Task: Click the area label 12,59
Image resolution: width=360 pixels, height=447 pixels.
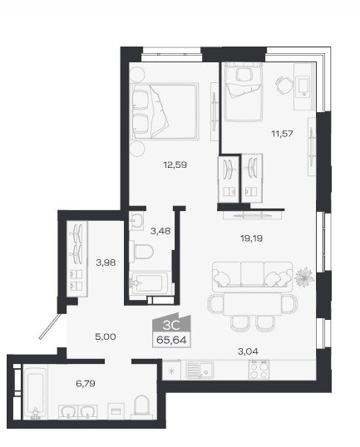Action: [175, 165]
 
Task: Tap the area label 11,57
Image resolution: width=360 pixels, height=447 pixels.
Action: [282, 133]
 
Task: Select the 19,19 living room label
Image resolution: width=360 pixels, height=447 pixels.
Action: [251, 238]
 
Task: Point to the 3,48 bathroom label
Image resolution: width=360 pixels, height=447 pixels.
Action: [160, 231]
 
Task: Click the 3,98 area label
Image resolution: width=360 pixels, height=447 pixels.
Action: [106, 263]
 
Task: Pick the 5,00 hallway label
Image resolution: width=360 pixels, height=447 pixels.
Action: [106, 336]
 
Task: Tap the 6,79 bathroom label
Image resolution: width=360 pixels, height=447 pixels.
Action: [86, 383]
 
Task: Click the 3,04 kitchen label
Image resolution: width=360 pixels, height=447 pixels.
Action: [249, 351]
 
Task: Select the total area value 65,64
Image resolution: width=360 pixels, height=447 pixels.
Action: [171, 340]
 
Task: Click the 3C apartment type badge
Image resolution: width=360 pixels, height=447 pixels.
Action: [171, 324]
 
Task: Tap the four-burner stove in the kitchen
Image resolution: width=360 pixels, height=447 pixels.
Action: [259, 370]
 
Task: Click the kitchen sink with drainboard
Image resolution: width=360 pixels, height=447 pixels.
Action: [200, 370]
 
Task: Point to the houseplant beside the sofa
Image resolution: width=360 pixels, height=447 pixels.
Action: [304, 277]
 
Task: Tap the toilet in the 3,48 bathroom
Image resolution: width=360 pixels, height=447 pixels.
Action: [141, 252]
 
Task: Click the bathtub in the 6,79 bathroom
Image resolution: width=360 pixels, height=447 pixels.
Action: [35, 393]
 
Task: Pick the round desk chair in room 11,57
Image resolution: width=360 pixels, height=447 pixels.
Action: [284, 85]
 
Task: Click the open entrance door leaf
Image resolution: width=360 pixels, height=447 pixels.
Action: [50, 327]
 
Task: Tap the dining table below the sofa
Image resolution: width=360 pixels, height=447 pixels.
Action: [253, 303]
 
